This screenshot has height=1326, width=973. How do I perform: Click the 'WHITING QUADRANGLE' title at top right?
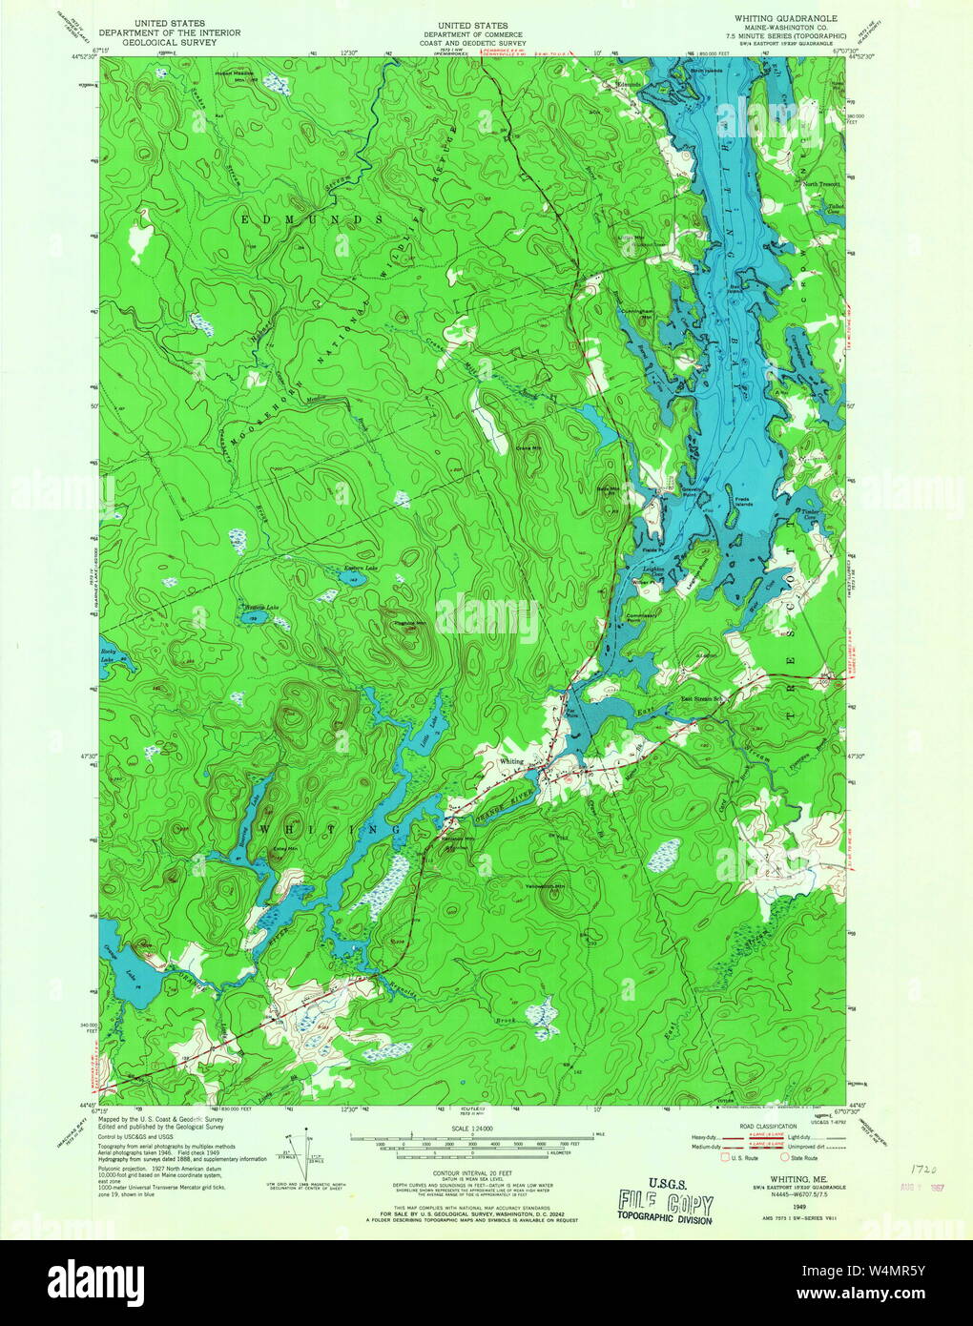point(785,18)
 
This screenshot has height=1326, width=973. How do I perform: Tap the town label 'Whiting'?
point(512,761)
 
